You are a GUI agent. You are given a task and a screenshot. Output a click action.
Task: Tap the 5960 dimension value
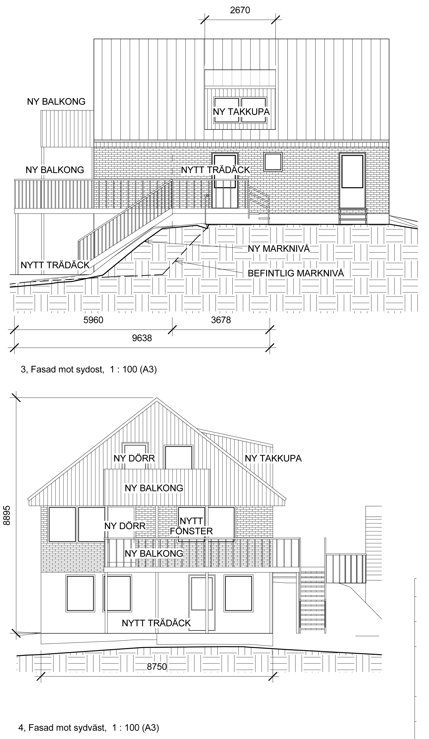pyautogui.click(x=93, y=320)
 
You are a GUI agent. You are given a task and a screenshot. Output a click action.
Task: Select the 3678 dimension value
pyautogui.click(x=221, y=320)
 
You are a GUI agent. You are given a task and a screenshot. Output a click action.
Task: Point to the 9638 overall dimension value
pyautogui.click(x=142, y=338)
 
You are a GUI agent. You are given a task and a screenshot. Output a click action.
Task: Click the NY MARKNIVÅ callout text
pyautogui.click(x=279, y=249)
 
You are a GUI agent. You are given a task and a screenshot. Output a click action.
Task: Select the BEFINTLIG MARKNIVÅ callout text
pyautogui.click(x=296, y=273)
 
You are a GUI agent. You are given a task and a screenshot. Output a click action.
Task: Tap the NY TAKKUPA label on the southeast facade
pyautogui.click(x=241, y=112)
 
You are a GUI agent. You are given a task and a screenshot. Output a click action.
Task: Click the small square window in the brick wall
pyautogui.click(x=273, y=162)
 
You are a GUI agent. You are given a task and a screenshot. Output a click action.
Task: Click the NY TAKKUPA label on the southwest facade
pyautogui.click(x=273, y=458)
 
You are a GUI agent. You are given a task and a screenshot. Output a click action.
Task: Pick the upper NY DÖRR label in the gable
pyautogui.click(x=134, y=458)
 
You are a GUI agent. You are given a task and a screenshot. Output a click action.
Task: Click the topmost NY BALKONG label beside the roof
pyautogui.click(x=56, y=102)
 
